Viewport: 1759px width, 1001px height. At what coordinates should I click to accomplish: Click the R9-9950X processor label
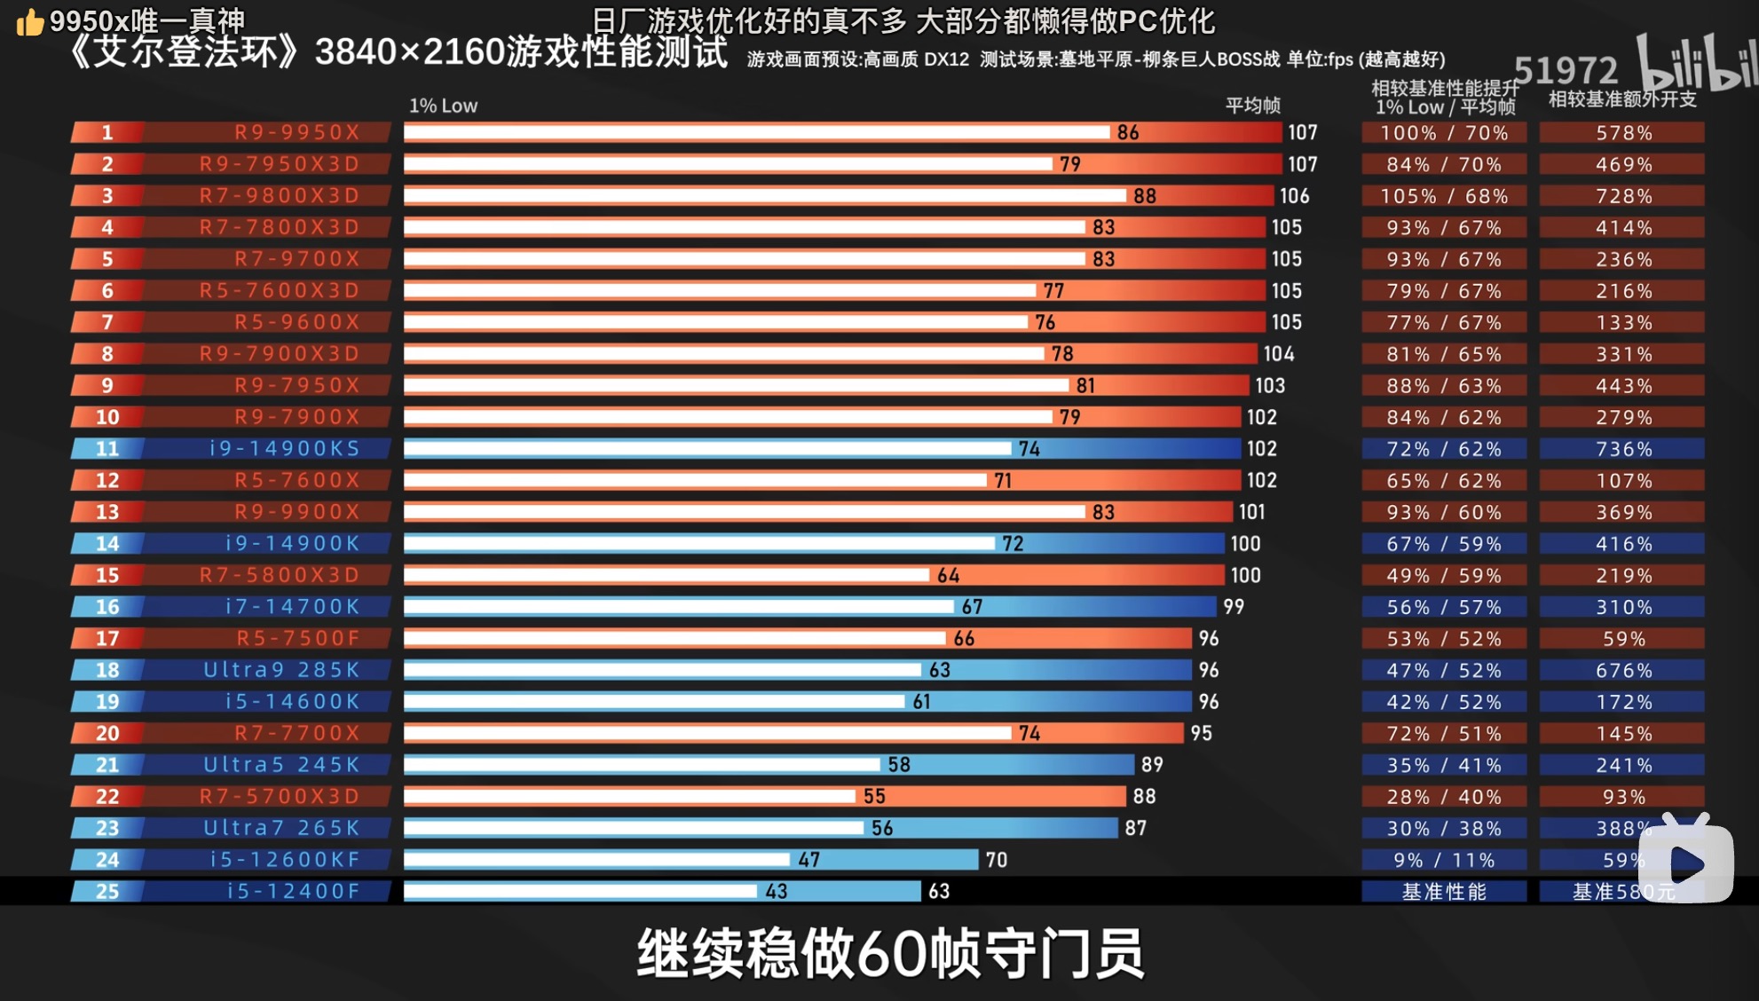(x=296, y=132)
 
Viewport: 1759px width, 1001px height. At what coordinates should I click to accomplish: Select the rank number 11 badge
(x=107, y=448)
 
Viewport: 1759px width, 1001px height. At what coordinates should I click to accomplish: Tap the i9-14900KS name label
(x=285, y=448)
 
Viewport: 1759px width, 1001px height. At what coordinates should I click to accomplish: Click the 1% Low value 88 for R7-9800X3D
(x=1144, y=196)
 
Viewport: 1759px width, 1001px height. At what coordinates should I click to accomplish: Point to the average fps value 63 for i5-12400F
(x=939, y=891)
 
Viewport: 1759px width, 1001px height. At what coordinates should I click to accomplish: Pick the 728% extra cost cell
(x=1623, y=196)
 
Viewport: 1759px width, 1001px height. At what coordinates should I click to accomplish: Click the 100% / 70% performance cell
(x=1444, y=133)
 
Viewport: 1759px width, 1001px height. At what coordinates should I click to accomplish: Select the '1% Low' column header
(x=443, y=106)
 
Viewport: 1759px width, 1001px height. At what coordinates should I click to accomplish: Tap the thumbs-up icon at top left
(x=29, y=22)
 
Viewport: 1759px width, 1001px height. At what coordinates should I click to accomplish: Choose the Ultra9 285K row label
(x=281, y=670)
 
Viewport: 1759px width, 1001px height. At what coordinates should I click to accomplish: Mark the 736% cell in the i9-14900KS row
(x=1623, y=449)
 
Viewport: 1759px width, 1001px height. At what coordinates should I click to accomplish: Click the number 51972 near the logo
(x=1566, y=70)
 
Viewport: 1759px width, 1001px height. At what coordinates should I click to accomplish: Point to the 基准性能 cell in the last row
(x=1444, y=892)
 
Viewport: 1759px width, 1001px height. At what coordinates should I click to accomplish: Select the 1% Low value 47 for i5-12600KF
(x=809, y=860)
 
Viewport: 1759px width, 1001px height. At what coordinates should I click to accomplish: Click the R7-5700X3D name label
(x=279, y=797)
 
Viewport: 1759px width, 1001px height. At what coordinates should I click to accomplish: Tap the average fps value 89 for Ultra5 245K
(x=1151, y=765)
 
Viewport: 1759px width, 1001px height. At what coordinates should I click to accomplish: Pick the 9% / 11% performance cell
(x=1444, y=860)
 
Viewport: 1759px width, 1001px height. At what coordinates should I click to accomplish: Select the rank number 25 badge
(x=107, y=891)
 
